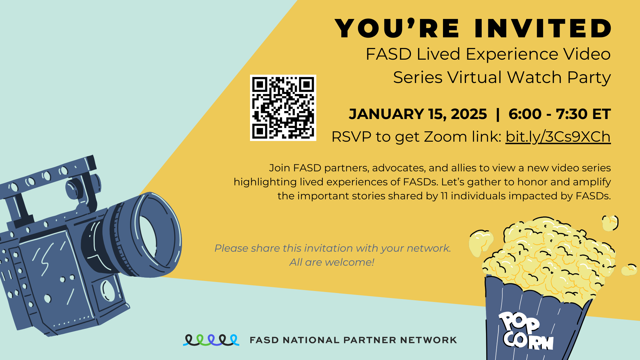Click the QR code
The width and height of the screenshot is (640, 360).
pyautogui.click(x=283, y=108)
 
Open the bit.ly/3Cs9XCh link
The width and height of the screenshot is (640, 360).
pyautogui.click(x=558, y=137)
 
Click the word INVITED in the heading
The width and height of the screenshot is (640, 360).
pyautogui.click(x=543, y=29)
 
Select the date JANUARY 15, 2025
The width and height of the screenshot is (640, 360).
pyautogui.click(x=418, y=114)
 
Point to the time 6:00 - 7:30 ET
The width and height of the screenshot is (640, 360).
pyautogui.click(x=560, y=114)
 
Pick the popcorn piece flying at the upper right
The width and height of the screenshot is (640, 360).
pyautogui.click(x=610, y=223)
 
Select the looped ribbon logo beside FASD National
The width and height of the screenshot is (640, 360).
pyautogui.click(x=211, y=340)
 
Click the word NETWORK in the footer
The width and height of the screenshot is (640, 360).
pyautogui.click(x=428, y=340)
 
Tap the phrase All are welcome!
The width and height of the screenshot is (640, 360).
pyautogui.click(x=332, y=262)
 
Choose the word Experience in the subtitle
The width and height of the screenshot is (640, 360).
pyautogui.click(x=512, y=54)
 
